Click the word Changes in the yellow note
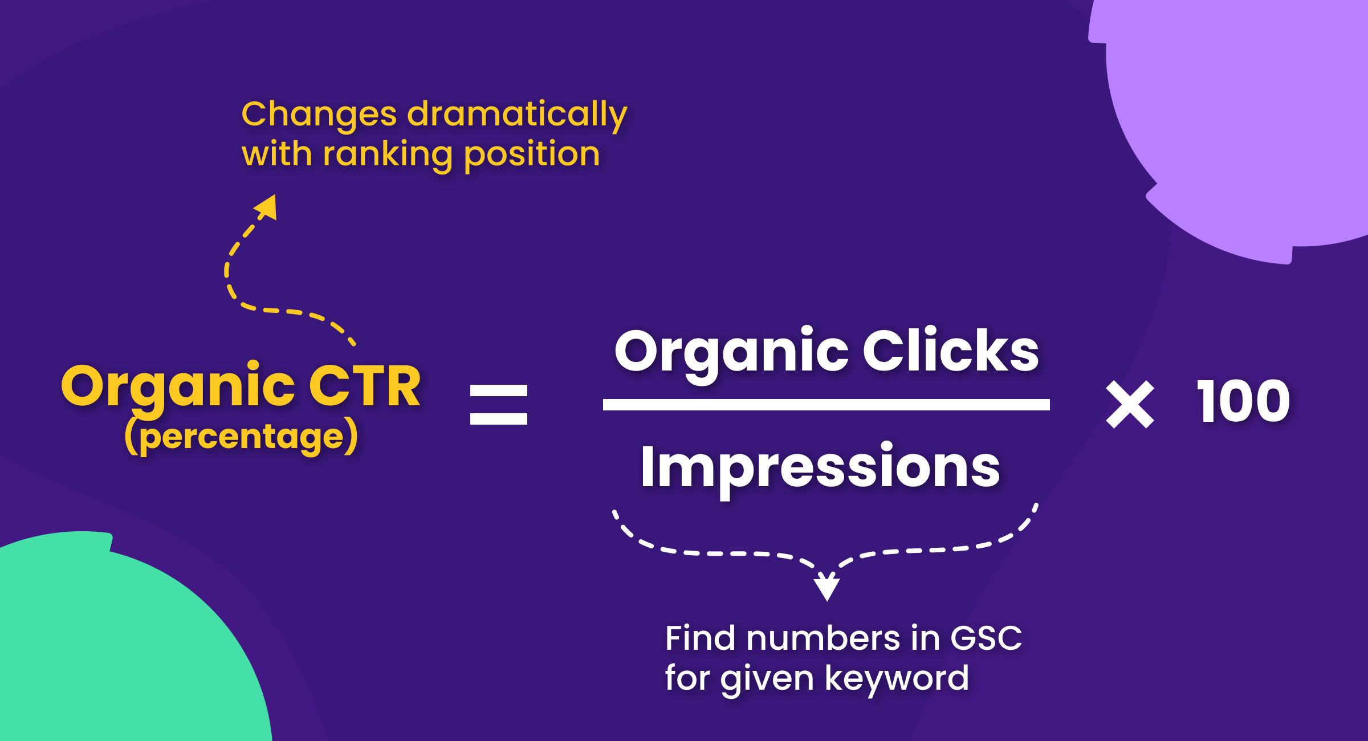click(x=319, y=115)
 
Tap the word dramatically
click(x=517, y=115)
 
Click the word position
click(x=532, y=155)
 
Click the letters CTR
click(x=365, y=386)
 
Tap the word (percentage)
click(x=241, y=437)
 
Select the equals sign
click(x=498, y=405)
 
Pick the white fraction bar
click(x=826, y=405)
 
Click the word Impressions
click(x=820, y=467)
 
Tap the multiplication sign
click(x=1130, y=405)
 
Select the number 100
click(x=1243, y=402)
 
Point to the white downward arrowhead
click(x=826, y=587)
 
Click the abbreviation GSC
click(x=986, y=638)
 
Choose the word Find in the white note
click(x=700, y=638)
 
